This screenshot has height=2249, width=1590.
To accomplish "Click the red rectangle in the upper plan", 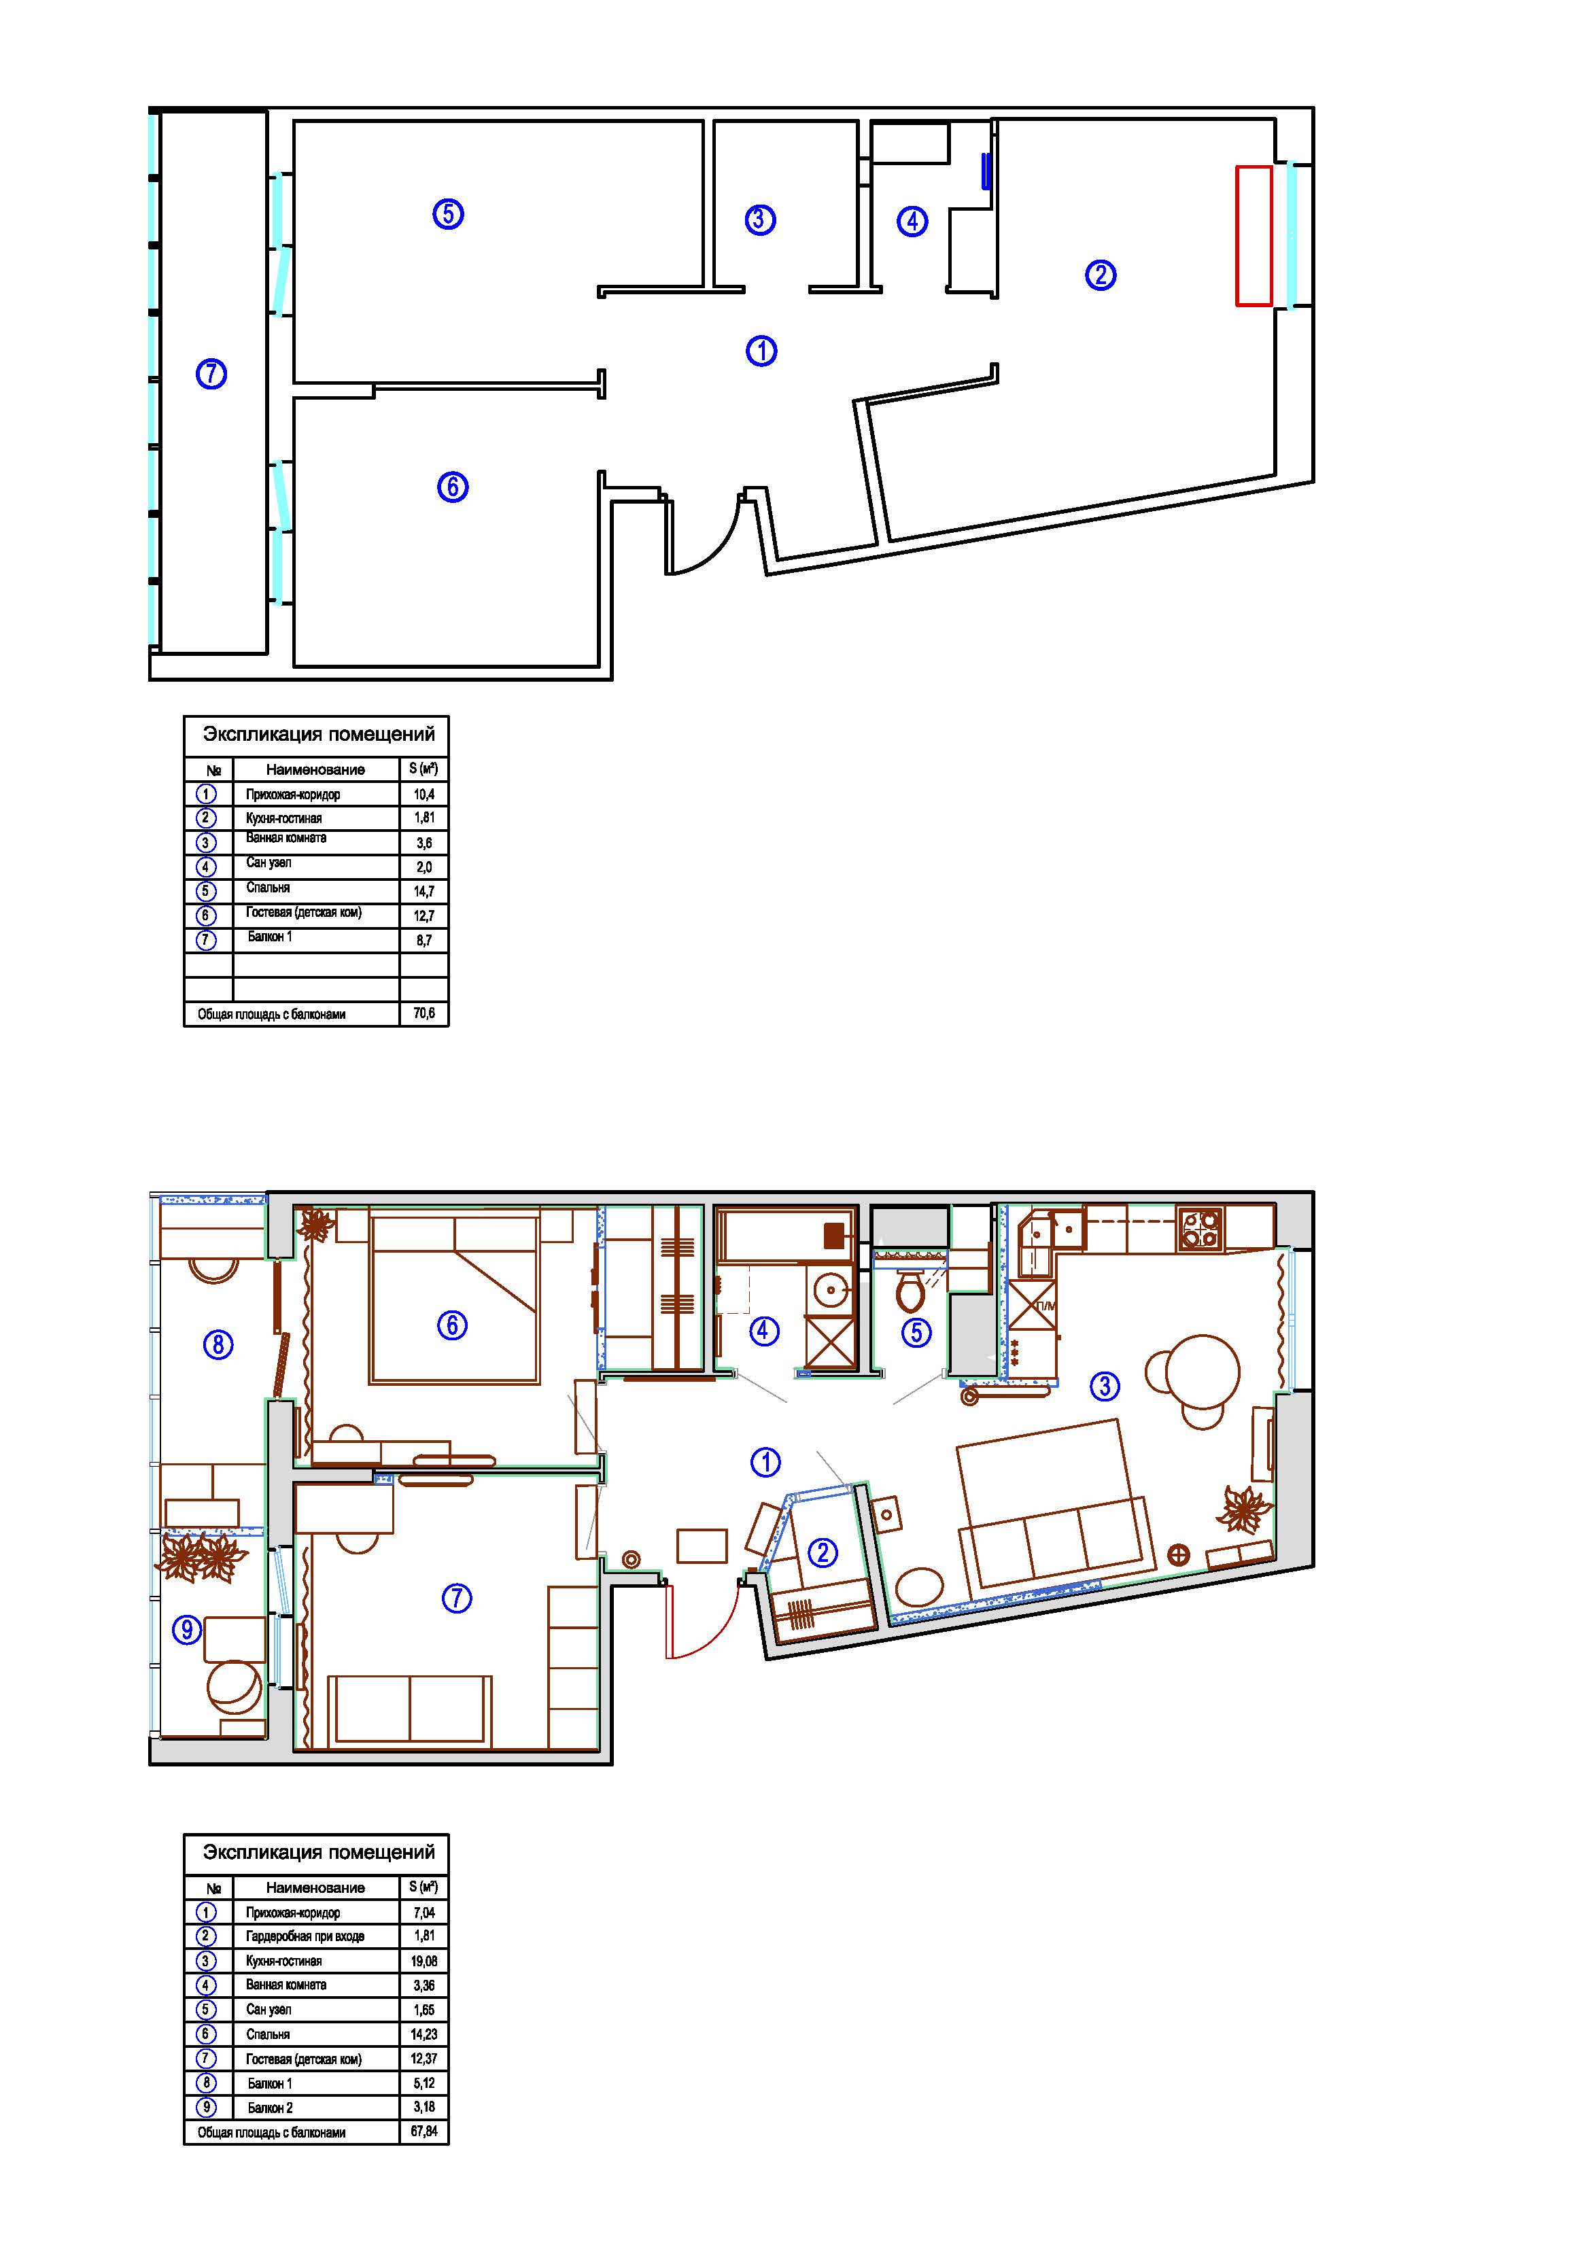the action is (1254, 235).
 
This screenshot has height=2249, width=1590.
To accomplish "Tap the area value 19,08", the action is (424, 1961).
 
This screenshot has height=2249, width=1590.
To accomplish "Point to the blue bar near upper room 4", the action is (986, 171).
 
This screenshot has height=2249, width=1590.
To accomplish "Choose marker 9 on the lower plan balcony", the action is (187, 1629).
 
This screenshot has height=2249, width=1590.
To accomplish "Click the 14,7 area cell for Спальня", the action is (424, 891).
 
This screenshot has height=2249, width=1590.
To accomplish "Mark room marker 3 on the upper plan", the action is (760, 220).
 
